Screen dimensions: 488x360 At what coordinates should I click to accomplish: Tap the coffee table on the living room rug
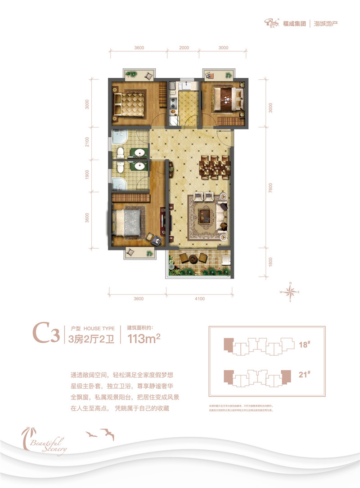point(206,216)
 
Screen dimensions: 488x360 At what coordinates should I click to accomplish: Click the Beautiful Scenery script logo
point(45,443)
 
